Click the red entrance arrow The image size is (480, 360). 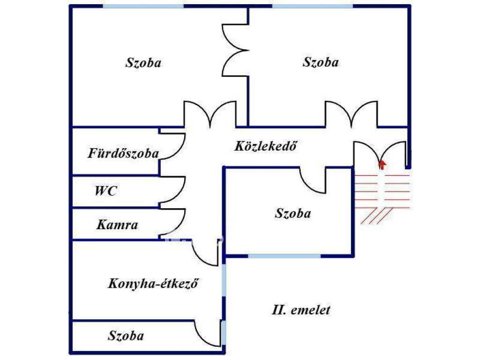tap(382, 165)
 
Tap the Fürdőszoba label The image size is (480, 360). tap(123, 153)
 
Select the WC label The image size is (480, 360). tap(105, 191)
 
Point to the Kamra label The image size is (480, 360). tap(117, 225)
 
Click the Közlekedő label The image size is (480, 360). tap(266, 146)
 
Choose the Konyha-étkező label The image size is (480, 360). tap(153, 284)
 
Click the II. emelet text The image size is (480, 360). tap(301, 310)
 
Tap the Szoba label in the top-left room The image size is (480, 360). tap(143, 63)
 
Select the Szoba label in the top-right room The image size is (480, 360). tap(321, 62)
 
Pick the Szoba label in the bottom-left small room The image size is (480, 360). tap(126, 336)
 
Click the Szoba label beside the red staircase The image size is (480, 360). tap(293, 213)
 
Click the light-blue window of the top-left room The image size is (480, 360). tap(143, 6)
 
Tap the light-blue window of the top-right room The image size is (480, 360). tap(313, 6)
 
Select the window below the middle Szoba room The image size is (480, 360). tap(284, 256)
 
